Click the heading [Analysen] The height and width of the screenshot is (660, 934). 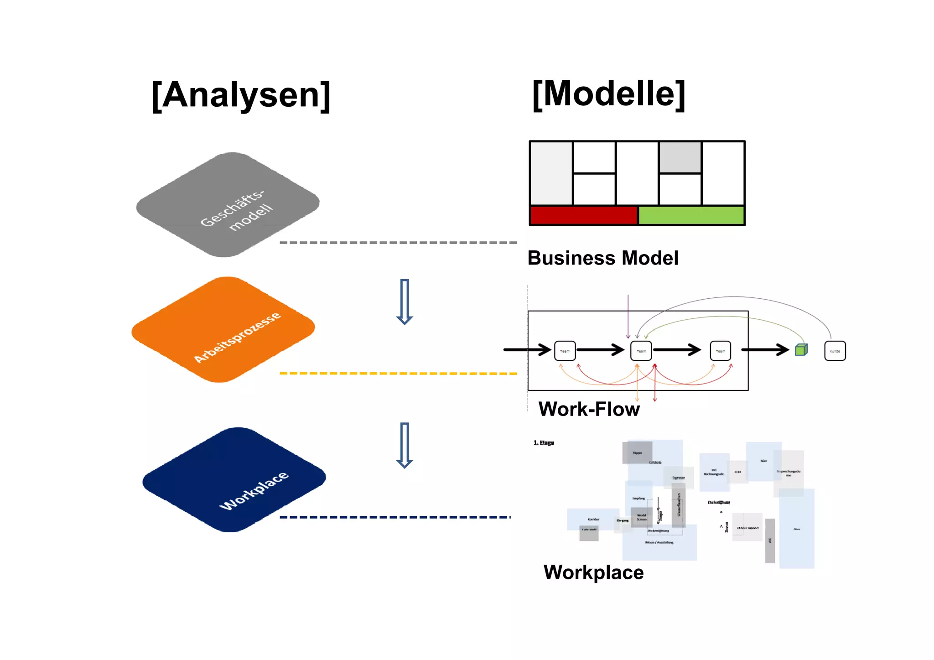tap(241, 95)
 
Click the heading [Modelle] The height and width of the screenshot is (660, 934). tap(608, 94)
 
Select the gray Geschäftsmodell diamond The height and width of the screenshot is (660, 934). tap(228, 204)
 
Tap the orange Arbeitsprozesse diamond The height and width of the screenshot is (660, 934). tap(223, 329)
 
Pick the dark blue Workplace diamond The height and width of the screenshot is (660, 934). tap(234, 480)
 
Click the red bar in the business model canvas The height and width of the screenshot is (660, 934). tap(583, 216)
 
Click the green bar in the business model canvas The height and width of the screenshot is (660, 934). tap(691, 216)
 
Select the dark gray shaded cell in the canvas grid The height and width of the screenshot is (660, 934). tap(680, 157)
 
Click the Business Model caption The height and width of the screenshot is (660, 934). tap(602, 258)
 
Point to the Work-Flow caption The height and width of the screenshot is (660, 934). tap(589, 409)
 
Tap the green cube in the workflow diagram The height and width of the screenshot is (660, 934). tap(801, 350)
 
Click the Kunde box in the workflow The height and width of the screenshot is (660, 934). tap(835, 351)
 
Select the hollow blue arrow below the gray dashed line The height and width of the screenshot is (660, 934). tap(404, 301)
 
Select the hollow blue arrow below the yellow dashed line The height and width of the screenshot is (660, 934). tap(404, 445)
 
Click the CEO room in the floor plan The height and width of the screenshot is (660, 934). tap(737, 472)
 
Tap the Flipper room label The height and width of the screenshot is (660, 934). tap(637, 453)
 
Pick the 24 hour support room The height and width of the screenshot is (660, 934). tap(747, 528)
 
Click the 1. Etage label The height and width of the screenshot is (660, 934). tap(544, 443)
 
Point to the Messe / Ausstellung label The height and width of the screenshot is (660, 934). tap(659, 542)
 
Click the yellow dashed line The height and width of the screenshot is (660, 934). tap(398, 374)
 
